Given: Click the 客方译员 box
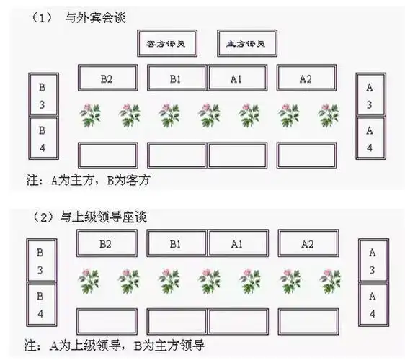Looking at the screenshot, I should click(166, 44).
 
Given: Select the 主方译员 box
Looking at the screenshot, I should click(246, 44).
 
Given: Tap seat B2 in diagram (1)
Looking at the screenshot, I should click(107, 78).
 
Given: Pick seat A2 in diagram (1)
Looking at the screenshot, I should click(306, 78).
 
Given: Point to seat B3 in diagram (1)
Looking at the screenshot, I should click(42, 95).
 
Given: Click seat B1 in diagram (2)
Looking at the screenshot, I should click(177, 244).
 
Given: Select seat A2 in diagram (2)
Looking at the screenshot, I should click(307, 244).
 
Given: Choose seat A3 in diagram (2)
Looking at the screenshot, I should click(372, 261).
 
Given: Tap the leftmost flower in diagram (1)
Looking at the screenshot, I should click(90, 114).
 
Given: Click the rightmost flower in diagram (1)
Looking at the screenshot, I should click(328, 114).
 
